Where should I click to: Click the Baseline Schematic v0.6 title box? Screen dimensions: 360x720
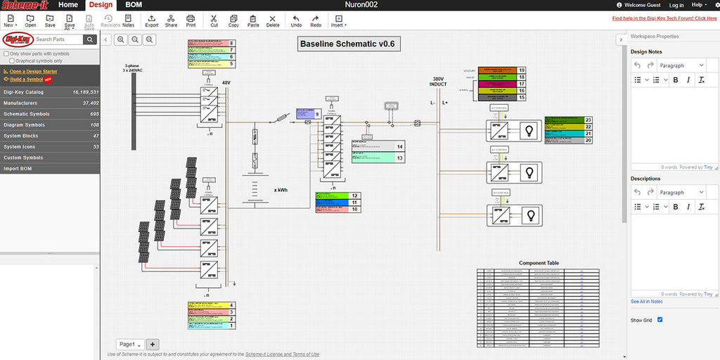(x=347, y=44)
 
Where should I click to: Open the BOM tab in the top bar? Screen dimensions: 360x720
(x=133, y=5)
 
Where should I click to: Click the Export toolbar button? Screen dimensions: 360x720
(x=151, y=20)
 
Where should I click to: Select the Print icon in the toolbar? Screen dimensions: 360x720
(x=191, y=20)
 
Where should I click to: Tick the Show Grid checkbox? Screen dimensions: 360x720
(x=660, y=320)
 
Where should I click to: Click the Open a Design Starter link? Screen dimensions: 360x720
(x=33, y=72)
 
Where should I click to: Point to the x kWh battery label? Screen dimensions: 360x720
(x=281, y=190)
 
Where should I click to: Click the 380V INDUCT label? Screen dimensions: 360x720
(x=438, y=82)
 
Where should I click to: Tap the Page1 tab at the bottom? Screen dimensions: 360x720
(x=129, y=345)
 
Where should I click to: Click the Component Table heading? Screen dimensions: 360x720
(x=539, y=263)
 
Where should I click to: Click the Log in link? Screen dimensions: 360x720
(x=676, y=5)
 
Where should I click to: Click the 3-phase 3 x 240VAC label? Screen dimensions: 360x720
(x=131, y=67)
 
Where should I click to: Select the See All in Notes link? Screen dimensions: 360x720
(x=646, y=302)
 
